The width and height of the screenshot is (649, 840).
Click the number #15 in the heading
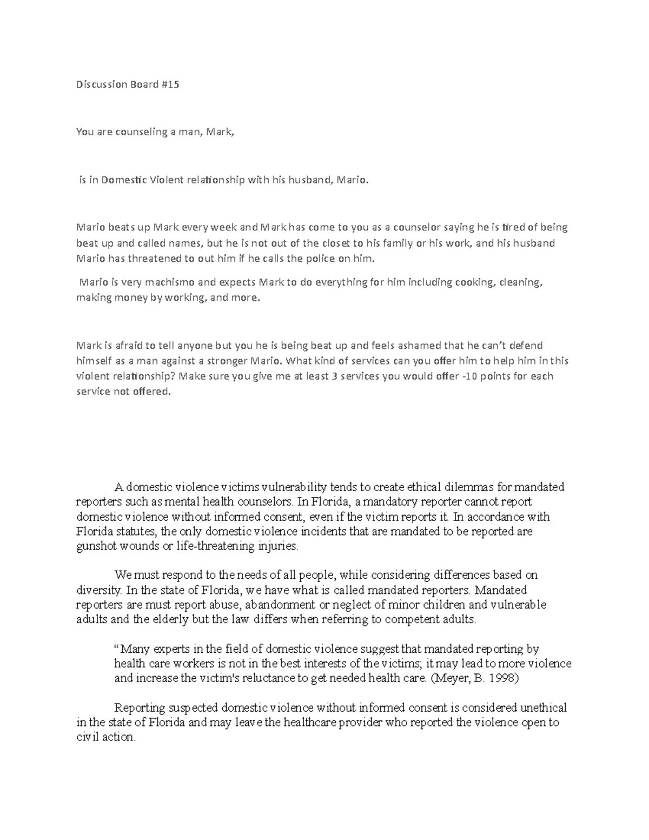coord(170,84)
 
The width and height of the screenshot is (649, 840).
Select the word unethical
coord(542,707)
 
